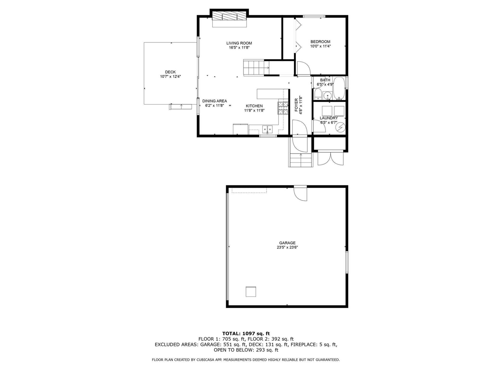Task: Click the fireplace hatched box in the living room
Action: pos(229,16)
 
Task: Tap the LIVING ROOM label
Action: pos(239,43)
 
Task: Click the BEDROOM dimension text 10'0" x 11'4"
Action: pos(320,46)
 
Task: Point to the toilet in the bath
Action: pos(318,94)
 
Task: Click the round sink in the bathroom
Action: pos(327,95)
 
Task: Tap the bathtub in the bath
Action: pos(339,88)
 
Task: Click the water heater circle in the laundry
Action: pos(340,127)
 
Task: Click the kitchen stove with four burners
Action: pos(283,108)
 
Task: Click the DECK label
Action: pos(170,72)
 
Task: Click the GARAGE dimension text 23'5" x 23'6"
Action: pos(287,247)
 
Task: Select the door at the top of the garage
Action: pos(300,193)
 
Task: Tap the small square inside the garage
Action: pos(251,291)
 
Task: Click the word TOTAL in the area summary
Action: pos(231,333)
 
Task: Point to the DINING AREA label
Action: pos(215,101)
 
